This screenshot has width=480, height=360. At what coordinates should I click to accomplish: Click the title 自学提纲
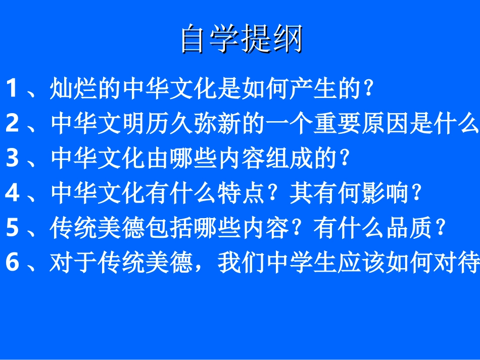click(242, 39)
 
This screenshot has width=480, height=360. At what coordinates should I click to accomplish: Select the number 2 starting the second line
click(12, 124)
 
